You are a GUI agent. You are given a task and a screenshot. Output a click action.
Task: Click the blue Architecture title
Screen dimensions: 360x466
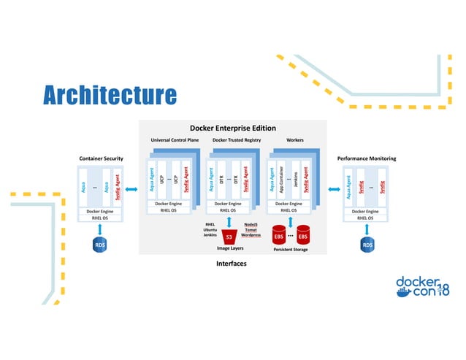point(109,95)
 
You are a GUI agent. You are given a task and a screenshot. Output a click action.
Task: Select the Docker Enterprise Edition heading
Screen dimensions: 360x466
point(232,128)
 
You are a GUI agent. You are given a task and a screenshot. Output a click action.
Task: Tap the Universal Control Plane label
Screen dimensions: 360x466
point(175,139)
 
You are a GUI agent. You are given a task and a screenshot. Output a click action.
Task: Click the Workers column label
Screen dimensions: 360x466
point(294,139)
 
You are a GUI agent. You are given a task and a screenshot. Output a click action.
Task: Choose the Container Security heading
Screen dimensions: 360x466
point(101,158)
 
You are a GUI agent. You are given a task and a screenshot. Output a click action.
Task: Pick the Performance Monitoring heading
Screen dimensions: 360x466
point(366,158)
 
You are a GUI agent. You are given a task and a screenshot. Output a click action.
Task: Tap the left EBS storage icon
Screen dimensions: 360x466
point(278,237)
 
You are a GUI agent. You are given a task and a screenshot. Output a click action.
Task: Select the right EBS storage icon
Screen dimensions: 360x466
point(303,237)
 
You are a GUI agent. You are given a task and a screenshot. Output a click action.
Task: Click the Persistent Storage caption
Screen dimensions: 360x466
point(291,250)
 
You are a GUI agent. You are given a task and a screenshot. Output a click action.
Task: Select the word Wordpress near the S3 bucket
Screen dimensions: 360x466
point(251,234)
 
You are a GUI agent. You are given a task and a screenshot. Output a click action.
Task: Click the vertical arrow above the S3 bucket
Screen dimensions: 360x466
point(229,221)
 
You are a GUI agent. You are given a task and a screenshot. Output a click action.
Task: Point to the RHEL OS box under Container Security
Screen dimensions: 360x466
point(101,218)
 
